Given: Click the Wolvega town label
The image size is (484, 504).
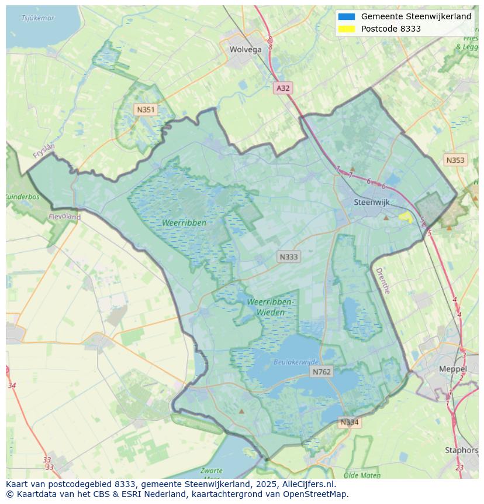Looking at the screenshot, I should pyautogui.click(x=246, y=50).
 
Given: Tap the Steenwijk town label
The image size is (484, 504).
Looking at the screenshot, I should pyautogui.click(x=372, y=203).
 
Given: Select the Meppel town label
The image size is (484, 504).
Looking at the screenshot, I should pyautogui.click(x=453, y=369).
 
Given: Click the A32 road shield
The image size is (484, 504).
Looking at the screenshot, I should pyautogui.click(x=283, y=88).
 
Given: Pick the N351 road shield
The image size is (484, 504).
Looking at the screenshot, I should pyautogui.click(x=146, y=109).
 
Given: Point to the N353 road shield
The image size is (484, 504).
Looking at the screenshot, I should pyautogui.click(x=455, y=160).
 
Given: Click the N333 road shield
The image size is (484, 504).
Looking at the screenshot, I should pyautogui.click(x=289, y=257).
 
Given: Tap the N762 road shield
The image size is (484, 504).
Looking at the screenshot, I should pyautogui.click(x=321, y=372).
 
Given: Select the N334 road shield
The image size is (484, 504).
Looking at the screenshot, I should pyautogui.click(x=350, y=422).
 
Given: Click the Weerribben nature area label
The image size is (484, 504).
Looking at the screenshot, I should pyautogui.click(x=185, y=223).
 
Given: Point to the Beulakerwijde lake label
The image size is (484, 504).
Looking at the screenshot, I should pyautogui.click(x=296, y=362).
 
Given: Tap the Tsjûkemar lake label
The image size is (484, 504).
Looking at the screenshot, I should pyautogui.click(x=38, y=18).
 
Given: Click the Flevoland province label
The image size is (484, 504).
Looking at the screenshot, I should pyautogui.click(x=64, y=217).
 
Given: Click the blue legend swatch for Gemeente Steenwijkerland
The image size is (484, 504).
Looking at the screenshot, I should pyautogui.click(x=346, y=16).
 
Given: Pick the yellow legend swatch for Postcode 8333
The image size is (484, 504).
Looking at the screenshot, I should pyautogui.click(x=346, y=29).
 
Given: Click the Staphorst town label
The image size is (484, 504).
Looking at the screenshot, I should pyautogui.click(x=461, y=451).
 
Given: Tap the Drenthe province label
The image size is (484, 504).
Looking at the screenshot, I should pyautogui.click(x=382, y=281).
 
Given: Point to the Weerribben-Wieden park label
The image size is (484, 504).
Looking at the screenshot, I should pyautogui.click(x=271, y=307).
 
